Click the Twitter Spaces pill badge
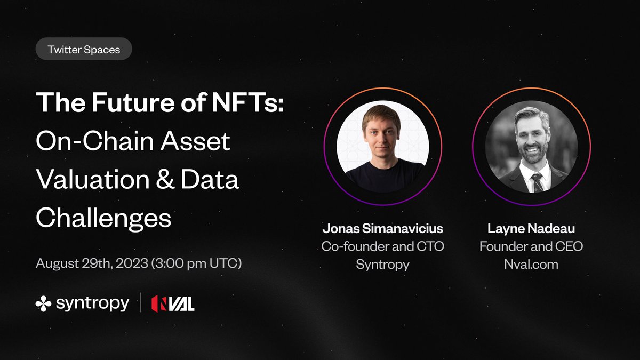tap(84, 49)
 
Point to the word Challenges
tap(103, 218)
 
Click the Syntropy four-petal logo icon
tap(43, 303)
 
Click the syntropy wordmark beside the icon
tap(92, 303)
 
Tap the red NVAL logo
tap(172, 303)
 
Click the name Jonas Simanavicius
tap(382, 229)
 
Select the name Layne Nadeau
tap(531, 229)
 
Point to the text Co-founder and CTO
tap(382, 246)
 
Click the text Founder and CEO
tap(531, 246)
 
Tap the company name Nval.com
tap(531, 264)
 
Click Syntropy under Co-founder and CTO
tap(382, 264)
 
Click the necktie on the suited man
tap(535, 182)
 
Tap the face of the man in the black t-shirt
tap(381, 133)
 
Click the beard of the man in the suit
tap(531, 155)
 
